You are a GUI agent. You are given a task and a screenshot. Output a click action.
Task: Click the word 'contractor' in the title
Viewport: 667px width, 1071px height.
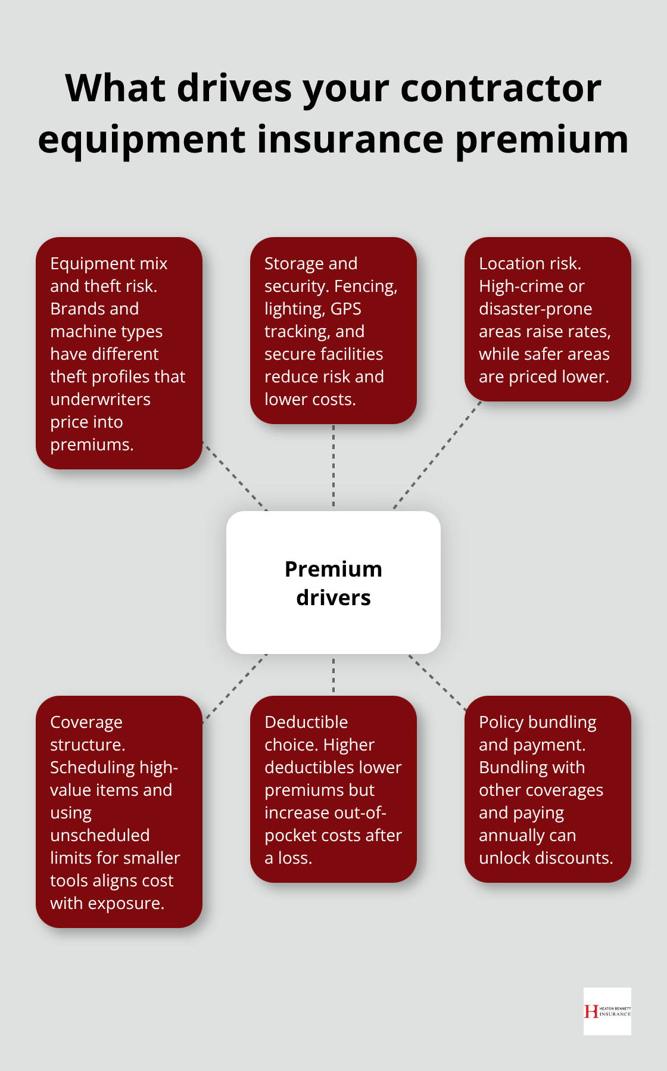tap(501, 88)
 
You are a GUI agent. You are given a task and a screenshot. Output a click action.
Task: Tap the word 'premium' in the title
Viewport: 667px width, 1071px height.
tap(543, 140)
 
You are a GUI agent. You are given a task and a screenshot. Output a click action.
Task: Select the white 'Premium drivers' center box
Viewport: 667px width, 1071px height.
tap(333, 583)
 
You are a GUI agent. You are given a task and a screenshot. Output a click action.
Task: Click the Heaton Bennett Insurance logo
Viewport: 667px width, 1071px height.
tap(607, 1011)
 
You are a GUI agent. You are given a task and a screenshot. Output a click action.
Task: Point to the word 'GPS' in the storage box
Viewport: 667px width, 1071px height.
tap(345, 309)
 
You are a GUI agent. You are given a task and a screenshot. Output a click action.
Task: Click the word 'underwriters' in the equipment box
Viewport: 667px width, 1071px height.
tap(100, 399)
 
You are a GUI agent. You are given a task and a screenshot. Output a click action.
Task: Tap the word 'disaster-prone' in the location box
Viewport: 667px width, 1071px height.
tap(535, 309)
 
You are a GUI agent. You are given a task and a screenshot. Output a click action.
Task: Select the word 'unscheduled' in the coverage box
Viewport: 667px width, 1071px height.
tap(99, 835)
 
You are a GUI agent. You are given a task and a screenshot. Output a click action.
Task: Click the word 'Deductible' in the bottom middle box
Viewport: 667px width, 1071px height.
tap(306, 722)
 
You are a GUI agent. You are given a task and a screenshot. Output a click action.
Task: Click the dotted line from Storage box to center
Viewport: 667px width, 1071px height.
tap(333, 467)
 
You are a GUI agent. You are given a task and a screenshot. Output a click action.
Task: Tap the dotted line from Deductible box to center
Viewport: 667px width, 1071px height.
tap(333, 675)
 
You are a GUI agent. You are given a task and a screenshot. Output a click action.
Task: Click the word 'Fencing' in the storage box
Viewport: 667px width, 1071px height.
tap(365, 286)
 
